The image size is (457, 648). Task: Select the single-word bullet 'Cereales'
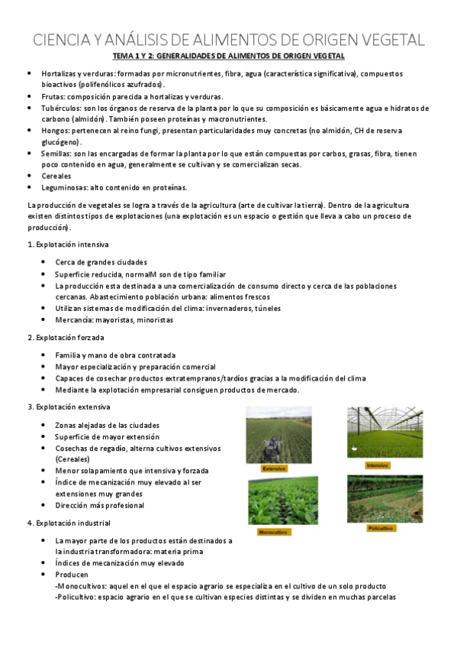tap(56, 176)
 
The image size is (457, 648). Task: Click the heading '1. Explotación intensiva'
tap(68, 245)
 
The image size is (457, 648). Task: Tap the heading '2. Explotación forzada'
tap(66, 337)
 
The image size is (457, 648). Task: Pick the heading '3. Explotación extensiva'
tap(69, 407)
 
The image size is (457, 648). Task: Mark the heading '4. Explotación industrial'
tap(69, 523)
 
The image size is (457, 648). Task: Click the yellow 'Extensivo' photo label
tap(273, 468)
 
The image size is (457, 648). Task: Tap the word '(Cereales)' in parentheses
tap(73, 459)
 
